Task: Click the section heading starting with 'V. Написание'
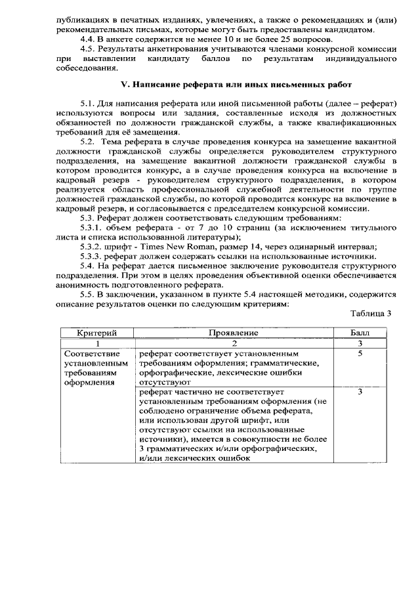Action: click(228, 85)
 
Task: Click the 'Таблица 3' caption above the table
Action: click(369, 313)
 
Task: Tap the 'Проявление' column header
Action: click(233, 333)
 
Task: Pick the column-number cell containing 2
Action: click(233, 343)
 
